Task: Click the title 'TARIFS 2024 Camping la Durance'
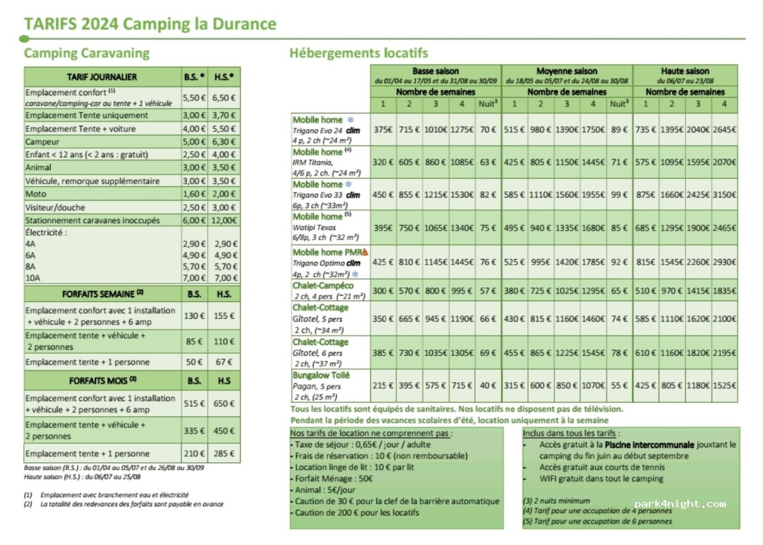click(x=150, y=24)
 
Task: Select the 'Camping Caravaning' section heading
click(x=87, y=53)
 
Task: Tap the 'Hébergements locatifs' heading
click(x=359, y=53)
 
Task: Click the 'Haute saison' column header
click(x=684, y=71)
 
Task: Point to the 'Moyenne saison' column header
click(x=567, y=71)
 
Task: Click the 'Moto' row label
click(x=36, y=194)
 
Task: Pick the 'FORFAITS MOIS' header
click(x=103, y=380)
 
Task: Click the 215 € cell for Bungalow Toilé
click(x=383, y=385)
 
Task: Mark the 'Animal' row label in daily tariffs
click(x=39, y=168)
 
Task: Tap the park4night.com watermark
click(x=679, y=504)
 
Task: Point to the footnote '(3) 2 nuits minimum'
click(x=556, y=501)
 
